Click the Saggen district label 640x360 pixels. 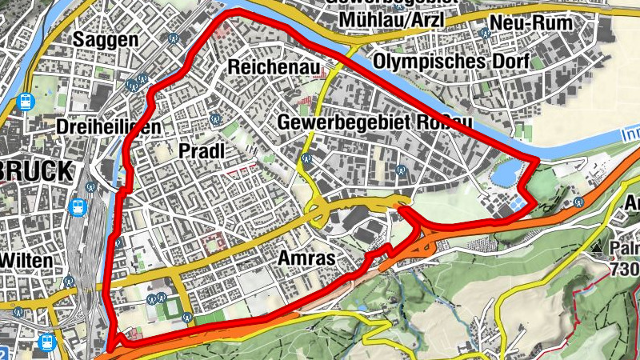coord(106,39)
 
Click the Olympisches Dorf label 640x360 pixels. coord(451,62)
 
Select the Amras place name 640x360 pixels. coord(305,258)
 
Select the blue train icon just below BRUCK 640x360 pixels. coord(78,206)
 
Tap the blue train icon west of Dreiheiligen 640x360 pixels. coord(26,102)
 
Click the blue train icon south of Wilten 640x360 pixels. coord(47,342)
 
